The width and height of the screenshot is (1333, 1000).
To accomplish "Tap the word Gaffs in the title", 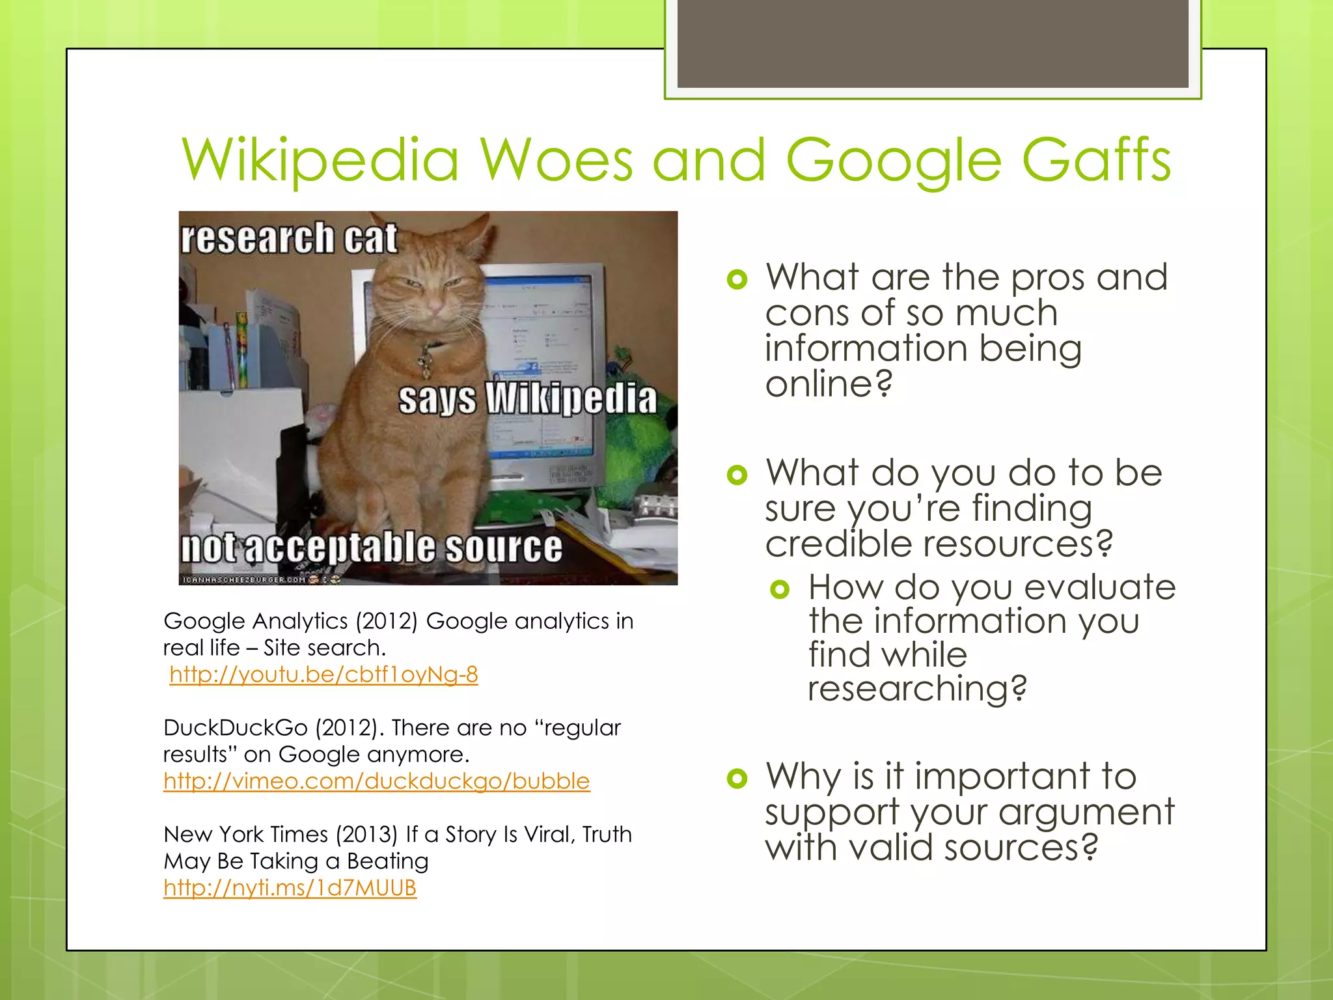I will pos(1096,160).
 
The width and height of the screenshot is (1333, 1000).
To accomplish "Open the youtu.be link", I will pos(323,674).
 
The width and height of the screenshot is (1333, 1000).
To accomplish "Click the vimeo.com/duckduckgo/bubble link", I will pos(376,781).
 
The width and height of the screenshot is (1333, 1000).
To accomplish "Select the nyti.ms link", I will pos(290,887).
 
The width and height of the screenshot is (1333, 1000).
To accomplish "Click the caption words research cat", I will pos(288,238).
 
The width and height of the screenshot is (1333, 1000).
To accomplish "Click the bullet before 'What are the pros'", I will pos(737,280).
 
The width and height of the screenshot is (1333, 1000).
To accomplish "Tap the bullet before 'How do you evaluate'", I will pos(779,590).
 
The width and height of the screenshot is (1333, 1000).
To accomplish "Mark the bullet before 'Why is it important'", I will pos(737,778).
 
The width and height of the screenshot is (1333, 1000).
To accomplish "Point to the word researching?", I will pos(916,688).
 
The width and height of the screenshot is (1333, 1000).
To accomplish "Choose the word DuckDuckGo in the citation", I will pos(235,727).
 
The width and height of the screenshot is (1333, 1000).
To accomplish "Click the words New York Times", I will pos(245,834).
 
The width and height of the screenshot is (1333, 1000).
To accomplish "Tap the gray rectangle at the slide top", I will pos(932,44).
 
